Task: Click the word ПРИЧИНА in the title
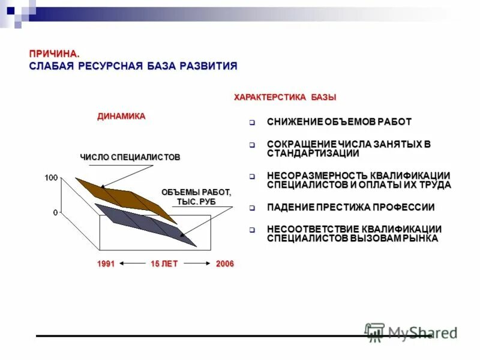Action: (54, 54)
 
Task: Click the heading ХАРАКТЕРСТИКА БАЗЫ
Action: (285, 97)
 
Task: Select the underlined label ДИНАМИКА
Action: (121, 116)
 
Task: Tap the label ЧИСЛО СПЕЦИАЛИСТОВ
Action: (130, 157)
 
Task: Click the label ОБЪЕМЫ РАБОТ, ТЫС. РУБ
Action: (196, 197)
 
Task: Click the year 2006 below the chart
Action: (225, 264)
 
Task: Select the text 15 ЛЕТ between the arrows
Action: (164, 264)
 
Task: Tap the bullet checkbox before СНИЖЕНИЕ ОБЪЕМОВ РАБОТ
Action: (253, 123)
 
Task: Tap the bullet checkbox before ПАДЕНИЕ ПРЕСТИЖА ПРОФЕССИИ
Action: (253, 208)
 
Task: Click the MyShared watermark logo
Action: (411, 332)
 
